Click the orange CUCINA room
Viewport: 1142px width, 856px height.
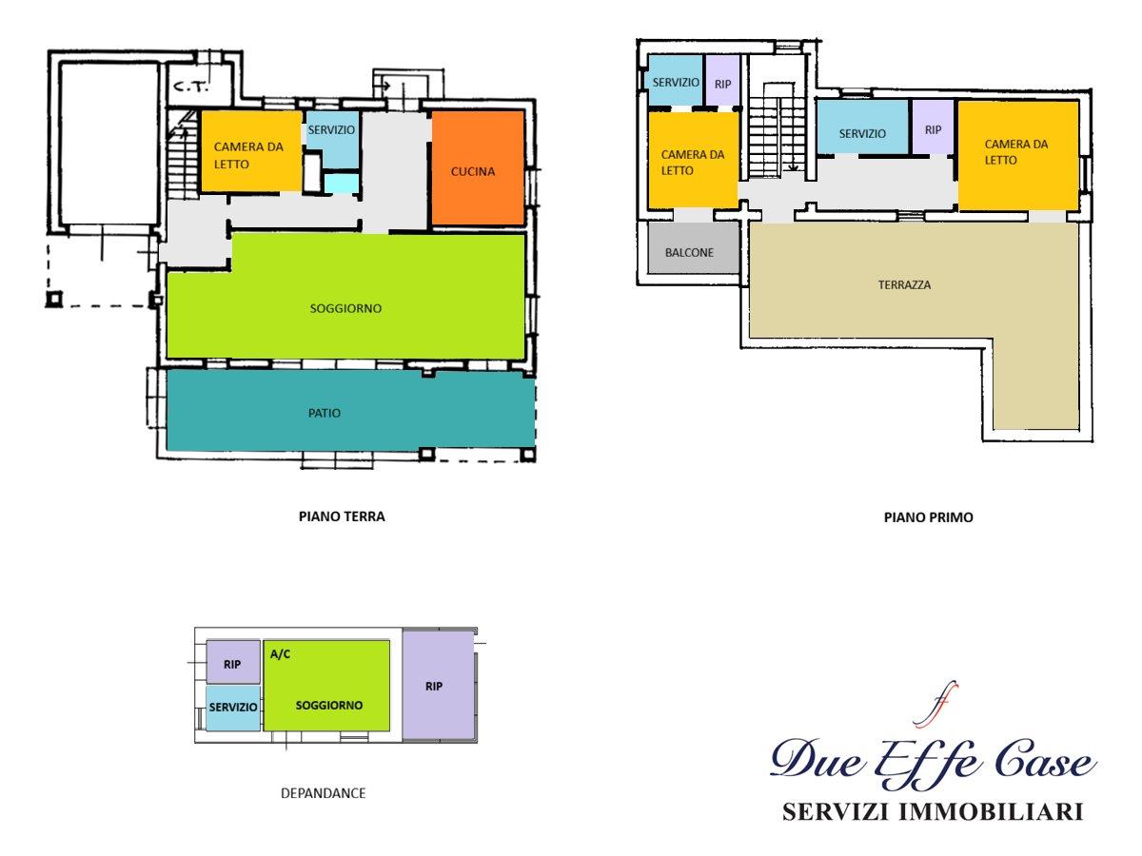tap(478, 168)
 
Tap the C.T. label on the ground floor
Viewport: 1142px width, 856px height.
tap(191, 87)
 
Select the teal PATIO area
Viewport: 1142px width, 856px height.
tap(350, 410)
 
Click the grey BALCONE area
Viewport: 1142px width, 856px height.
tap(694, 248)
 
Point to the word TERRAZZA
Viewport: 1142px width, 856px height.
tap(904, 284)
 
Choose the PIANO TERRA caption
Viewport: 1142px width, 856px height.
tap(342, 516)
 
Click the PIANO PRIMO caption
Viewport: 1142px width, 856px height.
tap(928, 517)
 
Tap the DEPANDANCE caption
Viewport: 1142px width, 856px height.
tap(323, 793)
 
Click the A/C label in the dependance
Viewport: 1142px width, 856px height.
tap(280, 653)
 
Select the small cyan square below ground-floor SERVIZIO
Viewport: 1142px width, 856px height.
tap(342, 184)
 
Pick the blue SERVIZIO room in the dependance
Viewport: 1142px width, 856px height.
tap(232, 708)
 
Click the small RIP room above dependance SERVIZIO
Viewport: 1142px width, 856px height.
tap(233, 662)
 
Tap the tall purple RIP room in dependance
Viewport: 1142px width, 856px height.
tap(438, 685)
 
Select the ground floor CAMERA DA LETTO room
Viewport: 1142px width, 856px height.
tap(251, 151)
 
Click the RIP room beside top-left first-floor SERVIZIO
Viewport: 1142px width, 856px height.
tap(722, 81)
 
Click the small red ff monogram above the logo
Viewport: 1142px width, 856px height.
tap(937, 704)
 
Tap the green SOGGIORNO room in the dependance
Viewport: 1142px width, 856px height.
tap(326, 685)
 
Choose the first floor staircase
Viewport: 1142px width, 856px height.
tap(777, 131)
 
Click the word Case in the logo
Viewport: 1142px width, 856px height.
tap(1045, 762)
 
